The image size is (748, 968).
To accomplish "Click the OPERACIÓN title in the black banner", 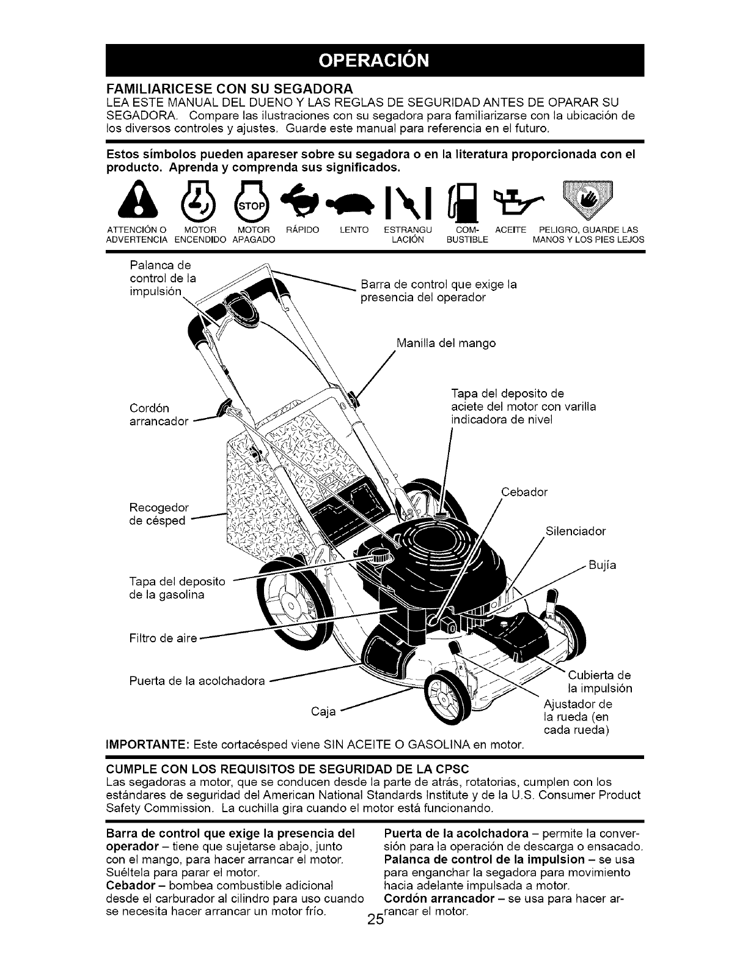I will (374, 61).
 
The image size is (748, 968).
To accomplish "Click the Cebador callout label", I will (524, 492).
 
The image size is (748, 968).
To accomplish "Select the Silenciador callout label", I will (574, 531).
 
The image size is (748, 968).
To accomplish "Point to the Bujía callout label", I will (603, 565).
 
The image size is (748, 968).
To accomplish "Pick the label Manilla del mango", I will (446, 343).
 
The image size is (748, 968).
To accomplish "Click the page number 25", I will (375, 954).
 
